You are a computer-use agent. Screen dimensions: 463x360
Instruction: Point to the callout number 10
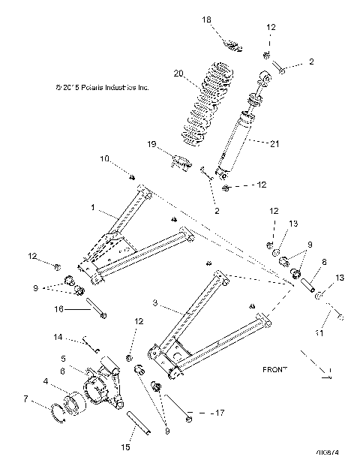(105, 158)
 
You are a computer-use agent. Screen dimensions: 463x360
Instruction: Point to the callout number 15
(125, 447)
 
